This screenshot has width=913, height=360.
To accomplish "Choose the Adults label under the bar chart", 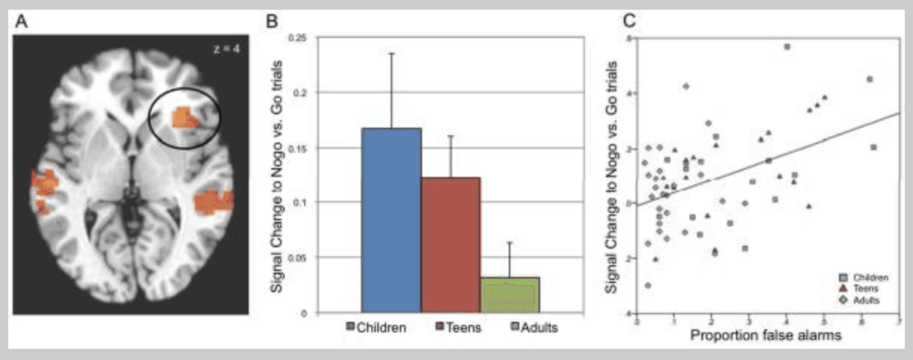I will [x=539, y=326].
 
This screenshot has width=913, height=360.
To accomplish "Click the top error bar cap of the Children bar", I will [x=391, y=53].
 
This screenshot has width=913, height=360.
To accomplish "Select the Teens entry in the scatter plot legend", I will [x=863, y=288].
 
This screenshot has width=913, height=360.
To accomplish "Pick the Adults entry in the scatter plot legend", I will [x=864, y=300].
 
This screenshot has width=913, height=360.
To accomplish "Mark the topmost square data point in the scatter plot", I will [x=787, y=46].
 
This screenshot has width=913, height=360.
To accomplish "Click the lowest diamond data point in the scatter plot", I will [x=647, y=285].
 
